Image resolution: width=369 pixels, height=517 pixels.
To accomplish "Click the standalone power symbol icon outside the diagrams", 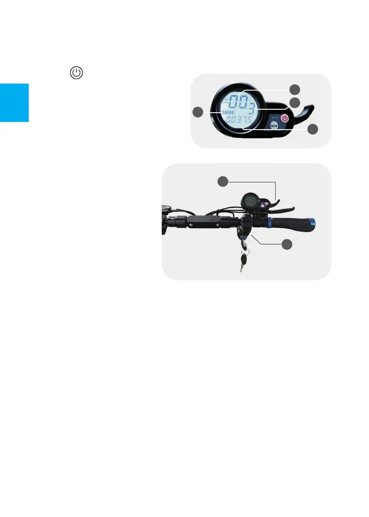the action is [76, 73].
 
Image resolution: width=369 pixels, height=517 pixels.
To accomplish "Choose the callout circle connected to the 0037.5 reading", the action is [312, 130].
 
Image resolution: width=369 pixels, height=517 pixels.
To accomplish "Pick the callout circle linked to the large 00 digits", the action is [295, 89].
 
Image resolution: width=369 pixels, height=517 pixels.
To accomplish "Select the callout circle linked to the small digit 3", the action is [295, 102].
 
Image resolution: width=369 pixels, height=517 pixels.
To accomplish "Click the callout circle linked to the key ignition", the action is [287, 244].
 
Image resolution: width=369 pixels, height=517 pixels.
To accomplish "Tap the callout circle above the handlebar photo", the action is [223, 181].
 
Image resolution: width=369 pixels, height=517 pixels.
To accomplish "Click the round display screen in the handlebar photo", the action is [249, 201].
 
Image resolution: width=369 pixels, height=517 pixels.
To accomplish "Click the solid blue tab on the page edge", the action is [14, 103].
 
